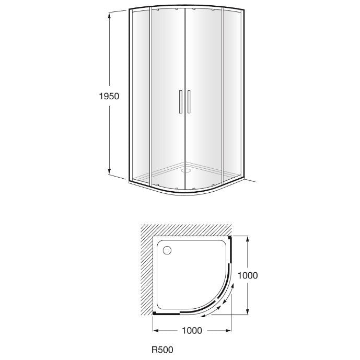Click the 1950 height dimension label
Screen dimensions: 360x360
[x=109, y=96]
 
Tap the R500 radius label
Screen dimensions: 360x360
[x=162, y=350]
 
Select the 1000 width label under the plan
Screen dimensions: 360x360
[x=192, y=330]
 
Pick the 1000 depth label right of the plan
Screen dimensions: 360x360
[x=248, y=275]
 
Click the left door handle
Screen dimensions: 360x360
[x=180, y=102]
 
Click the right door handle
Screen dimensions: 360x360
[x=189, y=102]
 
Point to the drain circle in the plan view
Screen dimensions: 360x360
[x=167, y=250]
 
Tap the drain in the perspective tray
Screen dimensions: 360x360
[x=186, y=170]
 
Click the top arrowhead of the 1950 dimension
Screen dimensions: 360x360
[x=109, y=16]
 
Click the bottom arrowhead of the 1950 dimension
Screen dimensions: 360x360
[x=109, y=171]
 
